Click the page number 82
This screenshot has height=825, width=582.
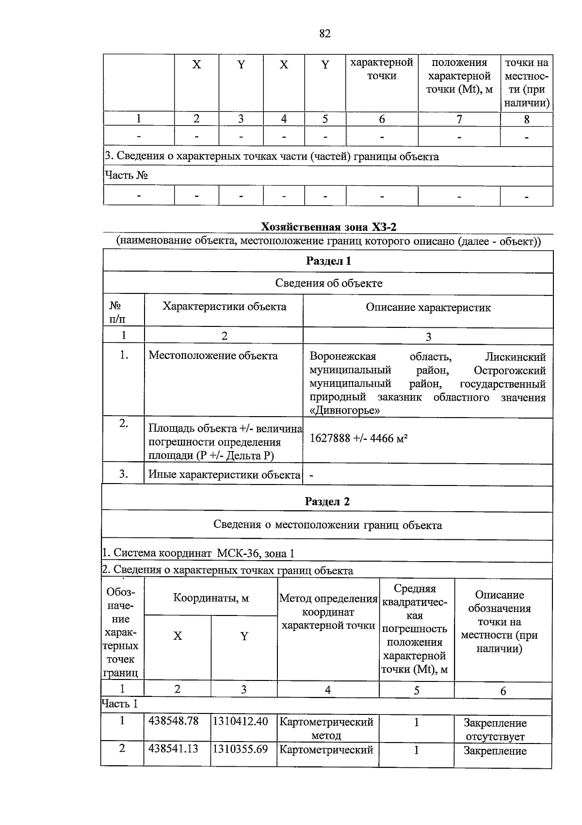pyautogui.click(x=325, y=33)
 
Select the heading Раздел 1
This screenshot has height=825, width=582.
pyautogui.click(x=328, y=261)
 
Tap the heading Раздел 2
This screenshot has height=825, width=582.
pyautogui.click(x=327, y=501)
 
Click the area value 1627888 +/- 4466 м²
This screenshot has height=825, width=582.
pyautogui.click(x=358, y=439)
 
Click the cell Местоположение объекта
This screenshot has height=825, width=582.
pyautogui.click(x=213, y=356)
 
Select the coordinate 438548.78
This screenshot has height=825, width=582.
pyautogui.click(x=173, y=721)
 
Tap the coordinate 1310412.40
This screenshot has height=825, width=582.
pyautogui.click(x=240, y=721)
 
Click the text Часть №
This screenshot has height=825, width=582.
pyautogui.click(x=126, y=175)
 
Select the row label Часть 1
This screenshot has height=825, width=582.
pyautogui.click(x=119, y=704)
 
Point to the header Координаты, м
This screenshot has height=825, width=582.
pyautogui.click(x=211, y=598)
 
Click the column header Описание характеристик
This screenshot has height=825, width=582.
pyautogui.click(x=428, y=307)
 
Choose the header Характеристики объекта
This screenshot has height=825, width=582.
pyautogui.click(x=224, y=307)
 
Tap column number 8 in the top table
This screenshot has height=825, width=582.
pyautogui.click(x=527, y=119)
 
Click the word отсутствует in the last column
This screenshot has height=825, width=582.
pyautogui.click(x=495, y=737)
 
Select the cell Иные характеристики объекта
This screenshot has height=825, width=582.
pyautogui.click(x=224, y=475)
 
